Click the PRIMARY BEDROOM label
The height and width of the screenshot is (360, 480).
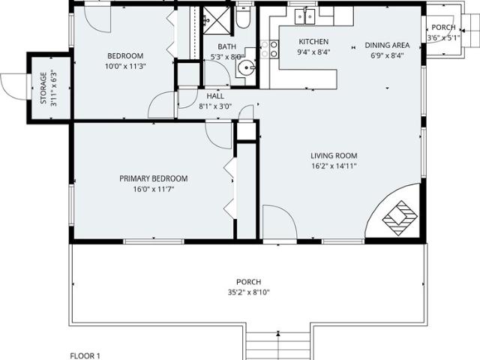[153, 178]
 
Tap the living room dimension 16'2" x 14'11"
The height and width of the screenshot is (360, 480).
[334, 166]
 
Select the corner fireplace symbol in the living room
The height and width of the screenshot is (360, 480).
[400, 217]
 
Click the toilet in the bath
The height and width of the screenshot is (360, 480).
[243, 16]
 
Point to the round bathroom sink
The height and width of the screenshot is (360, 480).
[247, 67]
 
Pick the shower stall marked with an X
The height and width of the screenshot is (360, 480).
[217, 20]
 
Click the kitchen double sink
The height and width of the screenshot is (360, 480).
[305, 16]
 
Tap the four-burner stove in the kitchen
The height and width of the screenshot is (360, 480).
[269, 49]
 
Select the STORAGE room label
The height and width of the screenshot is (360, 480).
[43, 88]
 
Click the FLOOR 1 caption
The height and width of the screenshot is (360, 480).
[85, 355]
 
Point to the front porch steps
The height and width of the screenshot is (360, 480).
[278, 346]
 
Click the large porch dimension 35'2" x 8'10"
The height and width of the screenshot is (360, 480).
[248, 292]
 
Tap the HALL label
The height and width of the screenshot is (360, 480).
[215, 96]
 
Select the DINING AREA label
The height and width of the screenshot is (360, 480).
[387, 45]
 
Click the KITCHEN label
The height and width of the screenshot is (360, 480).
[313, 42]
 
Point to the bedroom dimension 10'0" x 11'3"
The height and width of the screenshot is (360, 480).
[125, 67]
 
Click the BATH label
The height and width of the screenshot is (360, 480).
[226, 46]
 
